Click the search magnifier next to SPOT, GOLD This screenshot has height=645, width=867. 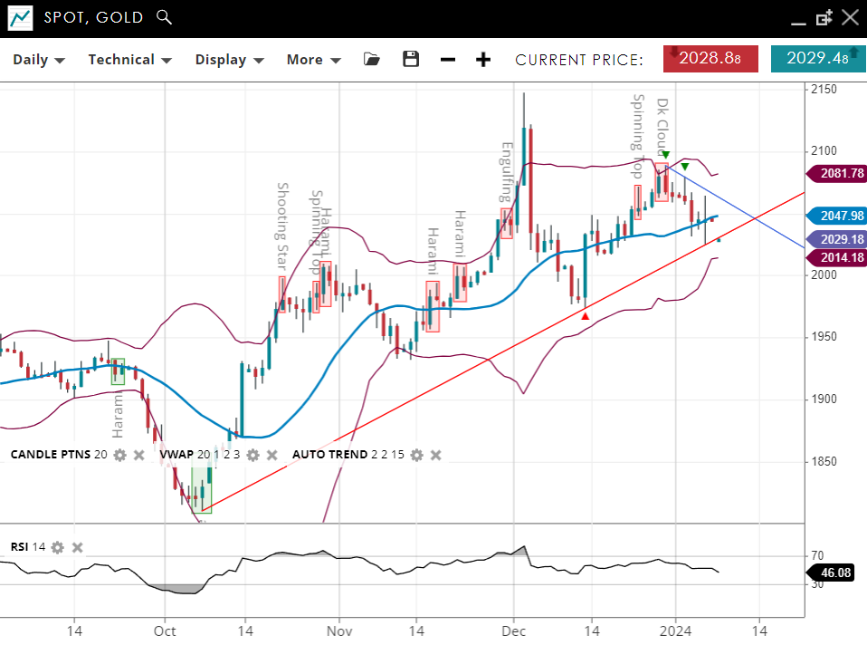(163, 16)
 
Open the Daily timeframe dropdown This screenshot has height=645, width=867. (39, 60)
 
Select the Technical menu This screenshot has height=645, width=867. (129, 60)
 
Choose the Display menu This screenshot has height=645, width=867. (229, 60)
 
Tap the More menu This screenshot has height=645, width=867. (313, 60)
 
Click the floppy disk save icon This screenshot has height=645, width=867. (411, 59)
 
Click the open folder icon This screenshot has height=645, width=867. (372, 59)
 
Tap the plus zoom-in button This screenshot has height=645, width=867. (484, 60)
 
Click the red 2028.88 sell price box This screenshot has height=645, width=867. (710, 58)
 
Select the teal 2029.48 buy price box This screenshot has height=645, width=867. (817, 58)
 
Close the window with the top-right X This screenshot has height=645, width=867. (850, 17)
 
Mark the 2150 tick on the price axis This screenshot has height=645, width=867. (824, 89)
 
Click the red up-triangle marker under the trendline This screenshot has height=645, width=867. (586, 316)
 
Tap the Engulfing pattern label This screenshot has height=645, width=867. (507, 172)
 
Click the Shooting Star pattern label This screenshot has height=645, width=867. (282, 226)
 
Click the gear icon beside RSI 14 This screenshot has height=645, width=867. (58, 547)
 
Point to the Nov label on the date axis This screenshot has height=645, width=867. (338, 631)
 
